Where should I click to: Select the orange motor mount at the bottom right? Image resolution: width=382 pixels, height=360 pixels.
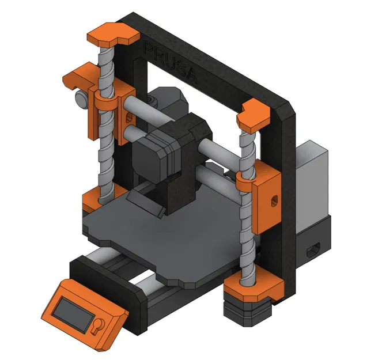point(254,289)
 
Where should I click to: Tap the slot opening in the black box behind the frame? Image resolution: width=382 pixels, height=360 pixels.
point(315,248)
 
